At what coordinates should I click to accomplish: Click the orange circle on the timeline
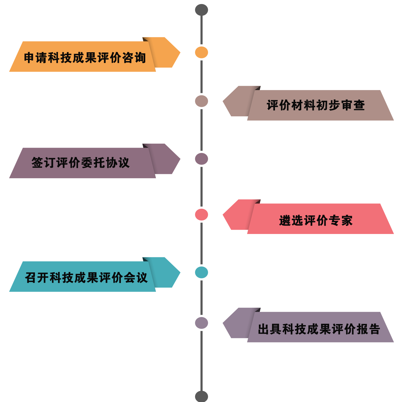201,52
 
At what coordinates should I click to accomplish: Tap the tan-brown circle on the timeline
201,101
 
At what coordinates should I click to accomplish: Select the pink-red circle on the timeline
201,215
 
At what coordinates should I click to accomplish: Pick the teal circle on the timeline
201,272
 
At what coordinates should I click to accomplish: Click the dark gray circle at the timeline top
201,10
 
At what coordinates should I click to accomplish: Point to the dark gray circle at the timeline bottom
201,396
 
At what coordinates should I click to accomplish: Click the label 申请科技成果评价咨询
85,57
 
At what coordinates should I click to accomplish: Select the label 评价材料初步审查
316,105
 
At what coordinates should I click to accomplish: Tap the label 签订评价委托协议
80,163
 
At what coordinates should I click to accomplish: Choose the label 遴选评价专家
316,221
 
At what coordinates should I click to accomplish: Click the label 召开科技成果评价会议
86,277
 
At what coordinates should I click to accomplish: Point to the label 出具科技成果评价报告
319,329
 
